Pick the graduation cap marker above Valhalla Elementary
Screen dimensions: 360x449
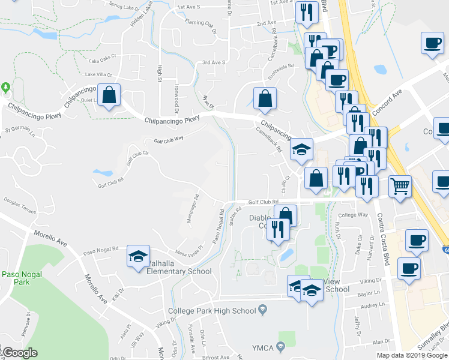138,257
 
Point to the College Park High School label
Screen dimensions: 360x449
212,310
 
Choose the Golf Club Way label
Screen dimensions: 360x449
168,140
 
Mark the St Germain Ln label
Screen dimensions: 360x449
16,129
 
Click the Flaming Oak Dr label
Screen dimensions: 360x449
200,23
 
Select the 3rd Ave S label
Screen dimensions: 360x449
213,62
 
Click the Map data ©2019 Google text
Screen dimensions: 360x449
412,355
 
